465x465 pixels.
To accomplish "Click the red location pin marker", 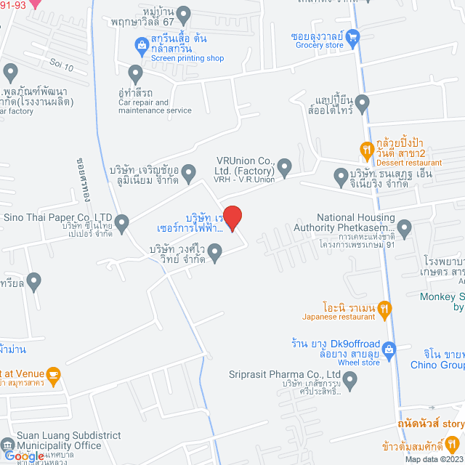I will point(232,217).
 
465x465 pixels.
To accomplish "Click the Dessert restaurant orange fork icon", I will point(368,150).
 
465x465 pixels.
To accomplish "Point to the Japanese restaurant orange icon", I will point(384,310).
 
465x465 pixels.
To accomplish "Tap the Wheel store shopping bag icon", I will point(389,349).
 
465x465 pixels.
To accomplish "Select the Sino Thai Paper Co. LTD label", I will point(58,217).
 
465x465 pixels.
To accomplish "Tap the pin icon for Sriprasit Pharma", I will point(351,379).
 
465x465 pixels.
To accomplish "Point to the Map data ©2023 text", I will point(432,459).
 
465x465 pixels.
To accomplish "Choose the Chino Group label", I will point(442,365).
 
